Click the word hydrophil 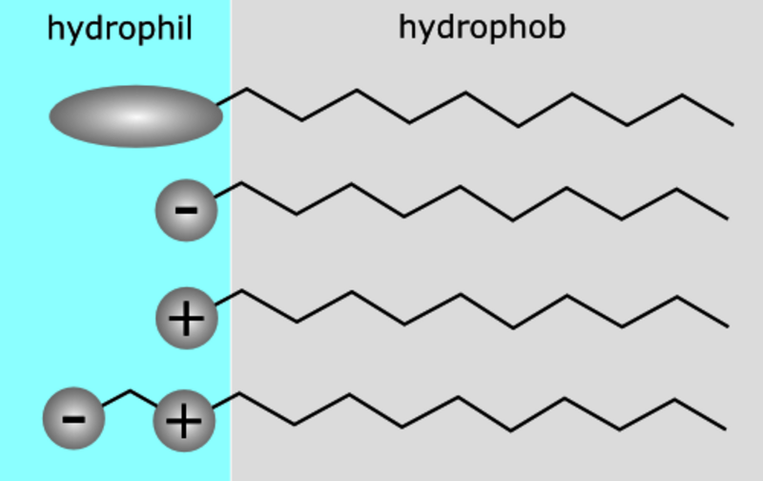pos(120,29)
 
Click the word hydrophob pos(482,28)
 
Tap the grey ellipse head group pos(136,116)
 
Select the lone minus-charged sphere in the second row pos(186,210)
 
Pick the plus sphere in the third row pos(186,319)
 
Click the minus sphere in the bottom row pos(74,419)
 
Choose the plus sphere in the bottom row pos(184,421)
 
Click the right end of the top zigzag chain pos(732,125)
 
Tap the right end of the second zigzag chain pos(728,219)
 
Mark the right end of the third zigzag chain pos(728,326)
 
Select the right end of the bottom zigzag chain pos(726,429)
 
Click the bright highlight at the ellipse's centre pos(136,116)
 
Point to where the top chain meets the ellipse pos(217,104)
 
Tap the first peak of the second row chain pos(242,183)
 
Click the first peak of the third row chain pos(242,291)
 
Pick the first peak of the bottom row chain pos(239,393)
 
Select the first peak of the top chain pos(247,89)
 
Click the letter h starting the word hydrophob pos(407,27)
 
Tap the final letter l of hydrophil pos(189,28)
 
